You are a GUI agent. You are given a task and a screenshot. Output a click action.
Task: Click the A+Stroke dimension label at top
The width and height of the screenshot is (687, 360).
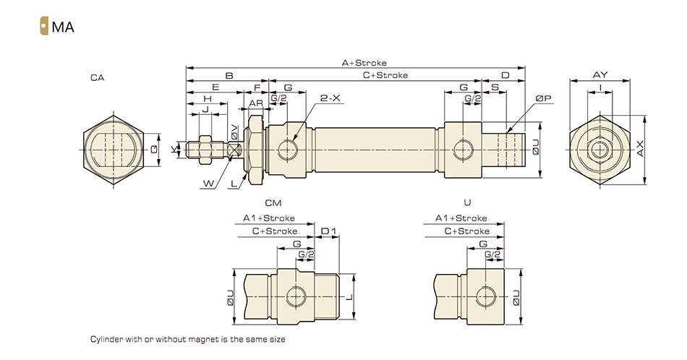tap(364, 63)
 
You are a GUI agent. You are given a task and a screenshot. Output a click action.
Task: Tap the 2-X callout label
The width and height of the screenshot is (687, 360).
tap(330, 98)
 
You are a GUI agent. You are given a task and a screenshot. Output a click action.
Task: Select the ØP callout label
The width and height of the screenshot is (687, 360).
tap(543, 98)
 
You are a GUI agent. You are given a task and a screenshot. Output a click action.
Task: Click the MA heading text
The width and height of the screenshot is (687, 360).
tap(63, 27)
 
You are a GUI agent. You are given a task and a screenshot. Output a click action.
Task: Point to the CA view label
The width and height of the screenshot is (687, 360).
tap(98, 77)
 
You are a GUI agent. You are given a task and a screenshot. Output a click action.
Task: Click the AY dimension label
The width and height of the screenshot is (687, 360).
tap(599, 75)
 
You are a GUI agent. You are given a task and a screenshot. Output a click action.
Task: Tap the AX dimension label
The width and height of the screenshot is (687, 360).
tap(640, 148)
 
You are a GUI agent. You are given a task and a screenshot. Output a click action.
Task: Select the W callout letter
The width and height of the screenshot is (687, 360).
tap(209, 184)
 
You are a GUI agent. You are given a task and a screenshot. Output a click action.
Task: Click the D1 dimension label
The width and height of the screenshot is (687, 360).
tap(328, 231)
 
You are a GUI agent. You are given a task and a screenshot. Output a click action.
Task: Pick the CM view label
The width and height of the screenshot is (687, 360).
tap(273, 203)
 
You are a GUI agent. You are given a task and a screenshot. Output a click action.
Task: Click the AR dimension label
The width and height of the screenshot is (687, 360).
tap(256, 103)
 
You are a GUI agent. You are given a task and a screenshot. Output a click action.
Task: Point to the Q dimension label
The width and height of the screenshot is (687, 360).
tap(154, 150)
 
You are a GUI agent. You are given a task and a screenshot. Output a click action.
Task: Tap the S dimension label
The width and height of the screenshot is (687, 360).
tap(495, 87)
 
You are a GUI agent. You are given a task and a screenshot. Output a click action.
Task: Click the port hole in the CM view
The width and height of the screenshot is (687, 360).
tap(296, 297)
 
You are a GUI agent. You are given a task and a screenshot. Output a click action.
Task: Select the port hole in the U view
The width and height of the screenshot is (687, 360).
tap(485, 297)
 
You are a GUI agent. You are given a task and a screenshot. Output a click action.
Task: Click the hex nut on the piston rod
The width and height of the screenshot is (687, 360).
tap(205, 150)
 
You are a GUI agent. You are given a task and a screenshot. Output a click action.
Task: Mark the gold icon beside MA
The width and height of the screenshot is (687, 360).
tap(44, 26)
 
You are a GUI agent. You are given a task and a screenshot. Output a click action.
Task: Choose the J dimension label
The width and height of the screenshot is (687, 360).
tap(205, 109)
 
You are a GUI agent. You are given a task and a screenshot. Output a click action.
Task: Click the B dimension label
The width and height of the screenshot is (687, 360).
tap(229, 75)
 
